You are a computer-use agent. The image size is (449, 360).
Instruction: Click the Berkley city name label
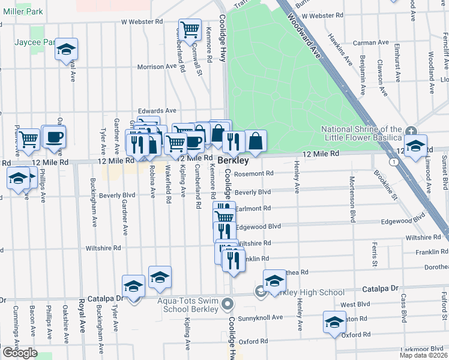coord(233,161)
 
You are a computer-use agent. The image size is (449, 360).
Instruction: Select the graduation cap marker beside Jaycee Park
coord(67,50)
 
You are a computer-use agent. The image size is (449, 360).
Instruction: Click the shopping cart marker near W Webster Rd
coord(190,29)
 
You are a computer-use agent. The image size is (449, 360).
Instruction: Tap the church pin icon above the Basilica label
coord(411,131)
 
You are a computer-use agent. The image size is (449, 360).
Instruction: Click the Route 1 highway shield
coord(392,162)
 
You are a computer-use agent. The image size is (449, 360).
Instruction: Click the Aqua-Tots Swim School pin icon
coord(226,304)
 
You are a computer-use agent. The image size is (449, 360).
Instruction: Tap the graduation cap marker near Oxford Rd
coord(334,322)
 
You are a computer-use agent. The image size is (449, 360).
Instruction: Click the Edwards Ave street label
coord(157,110)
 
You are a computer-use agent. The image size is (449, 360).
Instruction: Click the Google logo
coord(19,353)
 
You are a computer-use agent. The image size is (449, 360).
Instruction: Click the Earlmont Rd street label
coord(253,208)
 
